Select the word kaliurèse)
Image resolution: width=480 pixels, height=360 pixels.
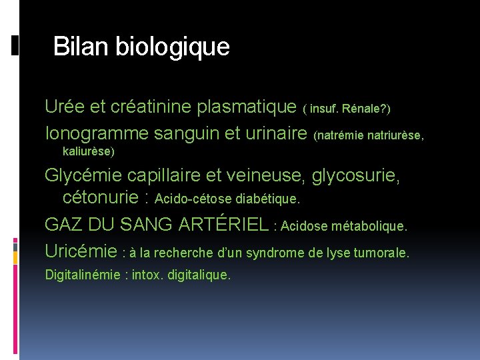pos(88,151)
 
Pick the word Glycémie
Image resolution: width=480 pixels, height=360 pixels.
pos(83,176)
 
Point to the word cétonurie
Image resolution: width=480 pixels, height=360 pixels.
pos(101,197)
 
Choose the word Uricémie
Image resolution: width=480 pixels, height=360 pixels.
pos(81,251)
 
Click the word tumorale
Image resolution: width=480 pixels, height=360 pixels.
pos(385,253)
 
